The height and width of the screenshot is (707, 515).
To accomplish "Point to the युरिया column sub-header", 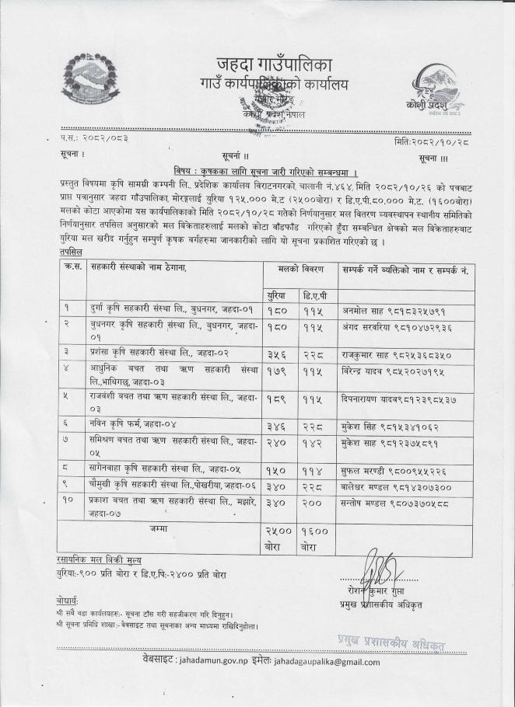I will click(274, 295).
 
